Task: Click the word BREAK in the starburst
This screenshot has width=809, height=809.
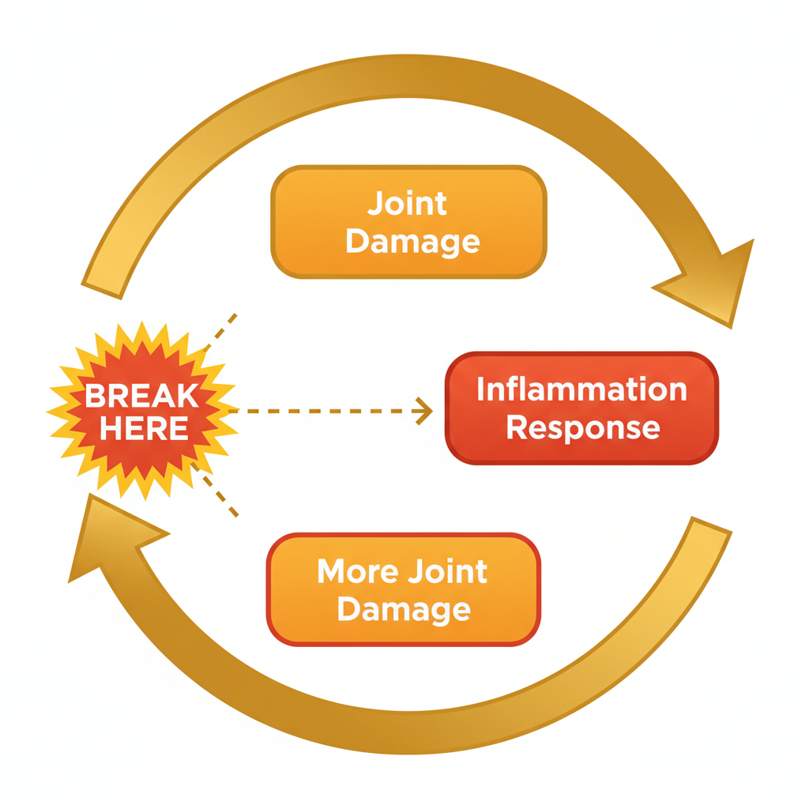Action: (142, 395)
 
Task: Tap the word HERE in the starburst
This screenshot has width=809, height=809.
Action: (144, 428)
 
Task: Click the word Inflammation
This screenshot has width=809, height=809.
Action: (581, 389)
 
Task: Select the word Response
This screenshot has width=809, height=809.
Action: (582, 427)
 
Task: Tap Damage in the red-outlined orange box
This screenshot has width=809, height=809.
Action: (404, 609)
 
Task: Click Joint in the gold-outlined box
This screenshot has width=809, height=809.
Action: (408, 204)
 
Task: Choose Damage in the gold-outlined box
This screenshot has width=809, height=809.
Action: (412, 241)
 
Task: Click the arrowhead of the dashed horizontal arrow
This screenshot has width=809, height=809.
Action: (425, 411)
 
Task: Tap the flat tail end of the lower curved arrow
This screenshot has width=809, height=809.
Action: (711, 526)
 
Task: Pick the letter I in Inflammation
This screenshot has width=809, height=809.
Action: (481, 389)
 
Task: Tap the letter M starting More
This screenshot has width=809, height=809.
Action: (332, 571)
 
